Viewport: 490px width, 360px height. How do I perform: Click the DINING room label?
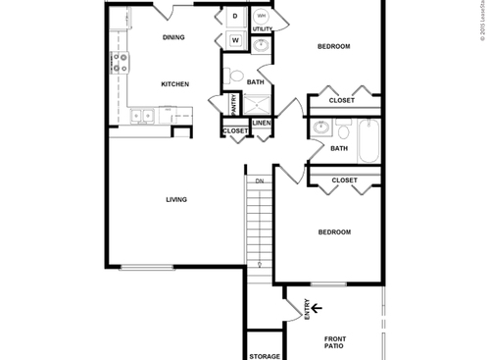(x=174, y=38)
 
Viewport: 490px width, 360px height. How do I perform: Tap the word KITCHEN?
(x=174, y=83)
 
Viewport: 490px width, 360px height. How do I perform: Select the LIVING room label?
(x=176, y=200)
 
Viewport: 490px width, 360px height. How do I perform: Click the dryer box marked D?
(x=235, y=17)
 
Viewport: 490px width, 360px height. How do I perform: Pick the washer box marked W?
(x=235, y=40)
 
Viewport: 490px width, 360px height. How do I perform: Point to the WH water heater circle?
(x=262, y=17)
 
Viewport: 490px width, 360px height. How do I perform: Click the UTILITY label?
(x=263, y=30)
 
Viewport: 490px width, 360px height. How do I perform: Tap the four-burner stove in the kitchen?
(x=121, y=64)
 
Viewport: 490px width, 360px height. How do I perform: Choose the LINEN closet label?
(x=262, y=123)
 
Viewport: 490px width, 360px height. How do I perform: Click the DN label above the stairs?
(x=260, y=181)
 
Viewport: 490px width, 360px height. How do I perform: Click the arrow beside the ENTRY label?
(x=317, y=308)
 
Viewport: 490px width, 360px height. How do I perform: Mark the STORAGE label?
(x=265, y=355)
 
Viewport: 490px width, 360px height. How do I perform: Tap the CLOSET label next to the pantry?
(x=235, y=130)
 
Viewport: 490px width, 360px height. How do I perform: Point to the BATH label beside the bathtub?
(x=339, y=148)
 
